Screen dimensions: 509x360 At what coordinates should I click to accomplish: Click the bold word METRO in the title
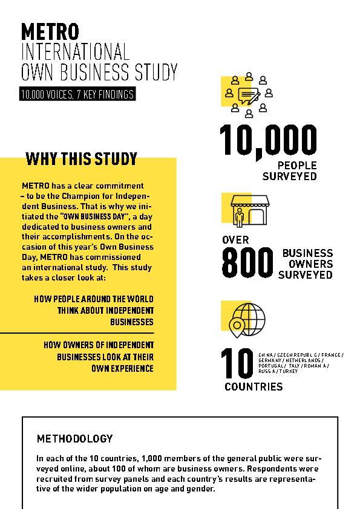point(50,31)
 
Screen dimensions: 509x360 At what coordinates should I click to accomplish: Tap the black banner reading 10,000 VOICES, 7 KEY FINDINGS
point(76,94)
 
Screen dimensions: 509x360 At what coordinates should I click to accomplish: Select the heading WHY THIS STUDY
point(81,159)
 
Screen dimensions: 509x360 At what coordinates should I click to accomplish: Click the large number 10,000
point(268,140)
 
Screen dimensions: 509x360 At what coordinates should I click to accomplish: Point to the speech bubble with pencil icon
point(249,96)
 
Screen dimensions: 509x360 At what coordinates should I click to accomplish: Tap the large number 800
point(247,264)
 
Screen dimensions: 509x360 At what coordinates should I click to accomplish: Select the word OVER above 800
point(235,240)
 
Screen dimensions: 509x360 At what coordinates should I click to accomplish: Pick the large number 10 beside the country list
point(237,363)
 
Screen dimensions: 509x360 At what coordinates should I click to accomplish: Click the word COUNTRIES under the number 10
point(253,387)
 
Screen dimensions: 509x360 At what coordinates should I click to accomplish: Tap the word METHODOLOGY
point(74,439)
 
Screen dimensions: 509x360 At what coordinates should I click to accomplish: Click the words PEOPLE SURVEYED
point(290,171)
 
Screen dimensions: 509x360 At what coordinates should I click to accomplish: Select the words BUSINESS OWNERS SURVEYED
point(307,264)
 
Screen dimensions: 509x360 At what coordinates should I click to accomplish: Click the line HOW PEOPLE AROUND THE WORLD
point(94,299)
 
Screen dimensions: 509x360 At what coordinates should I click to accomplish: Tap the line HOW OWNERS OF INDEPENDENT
point(99,345)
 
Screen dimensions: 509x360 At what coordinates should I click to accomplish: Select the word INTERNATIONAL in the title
point(75,51)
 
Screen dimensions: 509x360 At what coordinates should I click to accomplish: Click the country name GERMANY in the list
point(270,360)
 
